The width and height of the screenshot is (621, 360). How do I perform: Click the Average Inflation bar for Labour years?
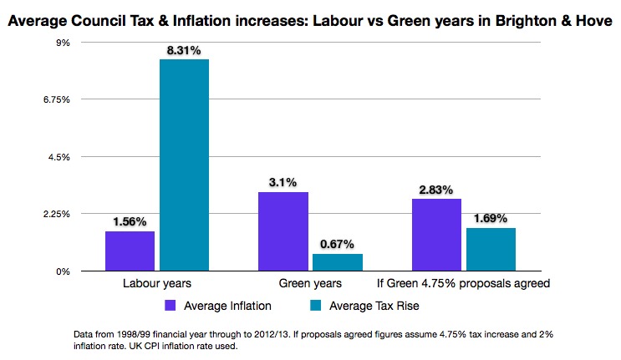click(x=130, y=251)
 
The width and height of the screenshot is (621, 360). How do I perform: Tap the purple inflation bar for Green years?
click(x=283, y=231)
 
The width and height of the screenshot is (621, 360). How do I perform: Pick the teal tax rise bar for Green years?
click(x=338, y=262)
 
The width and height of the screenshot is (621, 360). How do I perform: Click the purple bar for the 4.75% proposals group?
click(x=437, y=235)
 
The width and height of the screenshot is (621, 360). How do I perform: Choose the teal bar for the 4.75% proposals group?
click(x=491, y=249)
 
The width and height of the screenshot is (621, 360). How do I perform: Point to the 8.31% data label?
click(x=184, y=50)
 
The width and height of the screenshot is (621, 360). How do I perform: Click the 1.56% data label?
click(x=130, y=222)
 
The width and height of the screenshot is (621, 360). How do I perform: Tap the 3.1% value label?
click(x=283, y=183)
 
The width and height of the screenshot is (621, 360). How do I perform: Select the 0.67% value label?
click(x=338, y=245)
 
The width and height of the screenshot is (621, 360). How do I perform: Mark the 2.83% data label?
click(x=437, y=190)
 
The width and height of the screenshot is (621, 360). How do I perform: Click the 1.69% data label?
click(x=491, y=219)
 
